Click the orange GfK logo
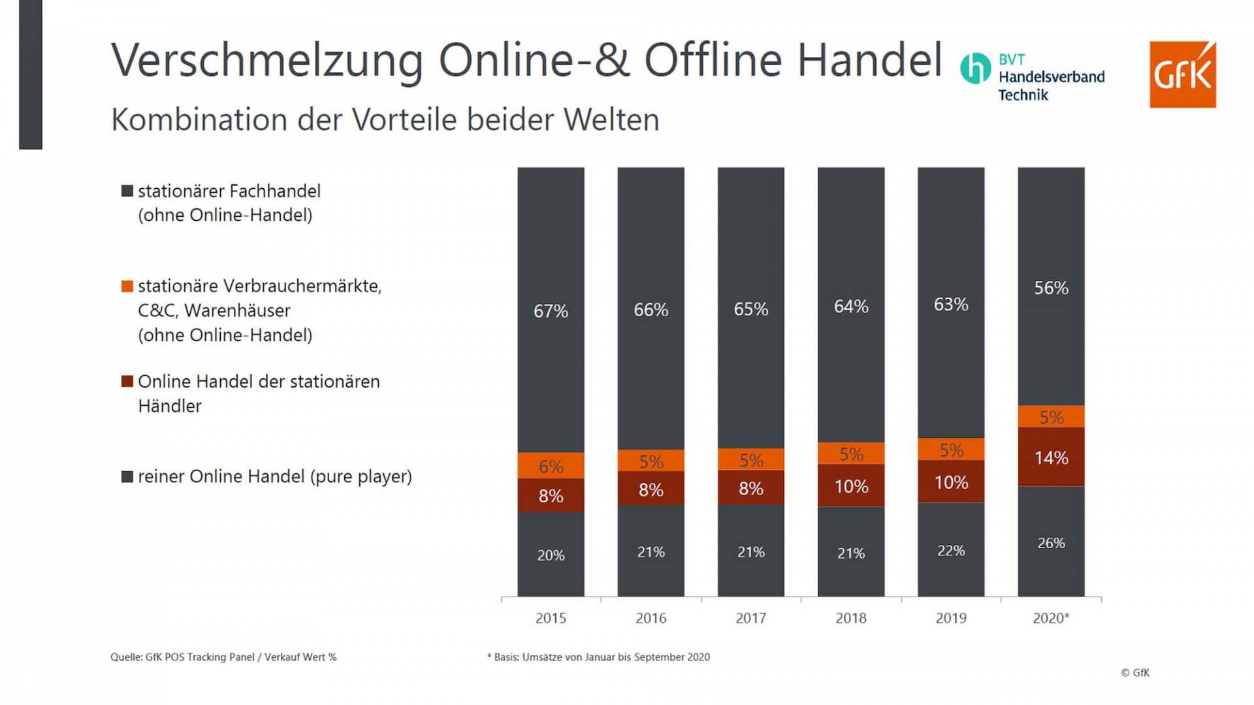pos(1182,74)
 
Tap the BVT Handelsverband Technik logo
pos(1033,76)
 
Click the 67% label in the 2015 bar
pos(551,312)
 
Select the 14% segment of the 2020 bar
pos(1051,457)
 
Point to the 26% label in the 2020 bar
pos(1051,543)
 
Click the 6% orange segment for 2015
pos(551,466)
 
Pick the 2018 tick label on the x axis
pos(850,618)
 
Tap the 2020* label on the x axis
pos(1051,618)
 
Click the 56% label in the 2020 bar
pos(1051,288)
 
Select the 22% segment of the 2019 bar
pos(950,550)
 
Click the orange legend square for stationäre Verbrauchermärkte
pos(127,286)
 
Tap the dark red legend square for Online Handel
pos(127,382)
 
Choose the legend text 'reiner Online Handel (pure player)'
pos(274,477)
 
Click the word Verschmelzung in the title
pos(267,60)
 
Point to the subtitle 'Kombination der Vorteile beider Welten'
pos(385,120)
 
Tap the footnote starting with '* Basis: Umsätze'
pos(598,657)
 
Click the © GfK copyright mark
pos(1135,673)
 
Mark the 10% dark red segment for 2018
pos(850,486)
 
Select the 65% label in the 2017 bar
pos(750,309)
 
